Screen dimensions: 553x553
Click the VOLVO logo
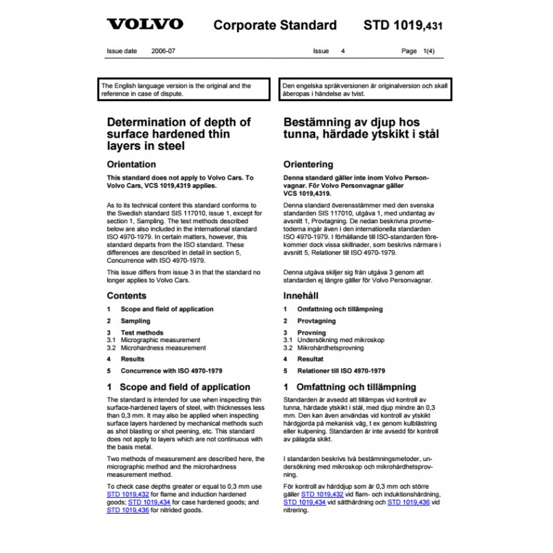pyautogui.click(x=144, y=24)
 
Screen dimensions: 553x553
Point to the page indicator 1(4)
pyautogui.click(x=429, y=51)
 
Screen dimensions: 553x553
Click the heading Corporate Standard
pyautogui.click(x=275, y=26)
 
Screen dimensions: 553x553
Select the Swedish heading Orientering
pyautogui.click(x=308, y=165)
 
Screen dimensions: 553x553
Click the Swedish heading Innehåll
pyautogui.click(x=303, y=295)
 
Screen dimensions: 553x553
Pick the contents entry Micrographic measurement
pyautogui.click(x=163, y=341)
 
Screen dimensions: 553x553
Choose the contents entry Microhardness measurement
pyautogui.click(x=163, y=348)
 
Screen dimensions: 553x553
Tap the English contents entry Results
pyautogui.click(x=133, y=359)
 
